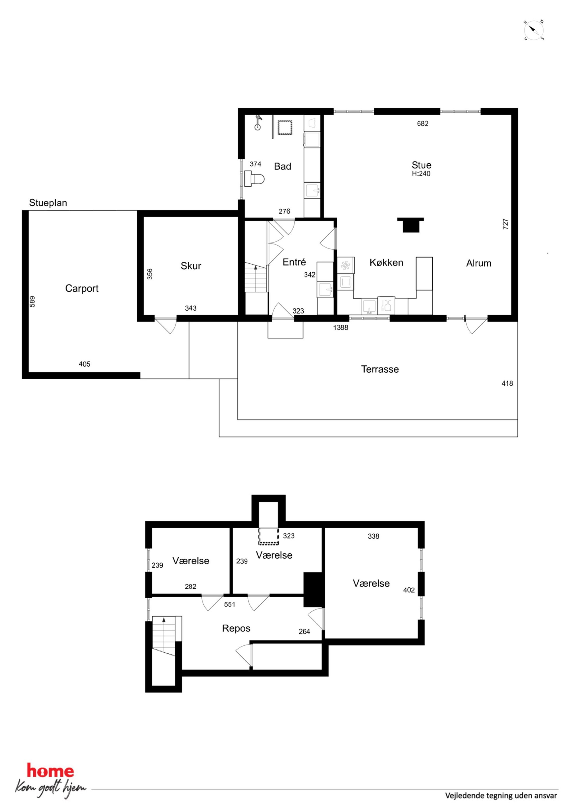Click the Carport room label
(82, 288)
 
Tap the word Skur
(191, 266)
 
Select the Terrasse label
(380, 369)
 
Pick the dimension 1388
(341, 328)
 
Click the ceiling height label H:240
(421, 174)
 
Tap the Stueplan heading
(48, 203)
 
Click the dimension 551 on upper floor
(230, 605)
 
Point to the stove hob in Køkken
(346, 265)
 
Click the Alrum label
(478, 263)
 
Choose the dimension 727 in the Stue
(506, 224)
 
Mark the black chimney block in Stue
(411, 225)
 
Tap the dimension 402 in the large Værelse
(409, 590)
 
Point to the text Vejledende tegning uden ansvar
(501, 795)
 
